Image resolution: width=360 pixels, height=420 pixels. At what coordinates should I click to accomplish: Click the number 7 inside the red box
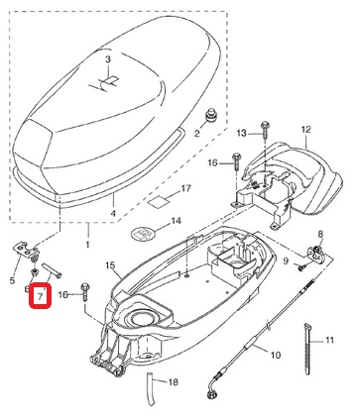coord(40,296)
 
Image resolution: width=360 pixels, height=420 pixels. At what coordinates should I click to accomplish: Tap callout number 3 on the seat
coord(108,59)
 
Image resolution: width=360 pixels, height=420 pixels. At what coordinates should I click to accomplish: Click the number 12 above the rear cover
coord(306,129)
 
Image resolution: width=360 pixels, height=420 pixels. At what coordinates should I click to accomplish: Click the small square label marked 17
coord(158,201)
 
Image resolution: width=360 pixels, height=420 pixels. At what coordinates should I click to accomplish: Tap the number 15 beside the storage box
coord(110,265)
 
